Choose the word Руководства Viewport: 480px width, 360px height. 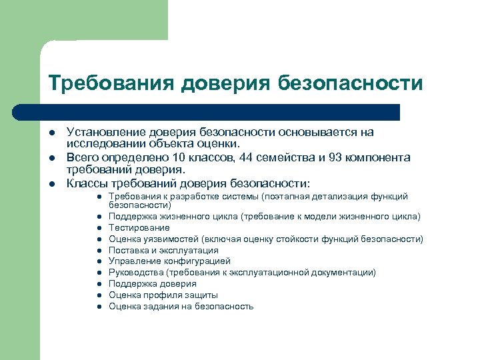(x=136, y=272)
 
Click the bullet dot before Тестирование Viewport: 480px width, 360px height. (x=98, y=228)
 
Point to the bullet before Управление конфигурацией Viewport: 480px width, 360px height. (x=98, y=261)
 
